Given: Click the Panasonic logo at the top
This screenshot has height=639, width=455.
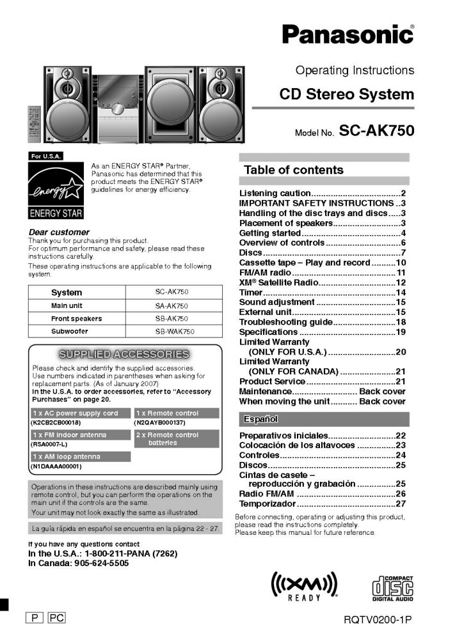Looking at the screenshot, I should [x=347, y=33].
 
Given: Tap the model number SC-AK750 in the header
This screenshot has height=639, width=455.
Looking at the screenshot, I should [x=376, y=131].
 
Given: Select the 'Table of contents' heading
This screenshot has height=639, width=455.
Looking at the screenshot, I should [x=294, y=170].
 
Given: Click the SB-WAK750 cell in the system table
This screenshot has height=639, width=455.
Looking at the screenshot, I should [x=175, y=332].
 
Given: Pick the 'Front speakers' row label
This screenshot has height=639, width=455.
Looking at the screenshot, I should [x=76, y=319].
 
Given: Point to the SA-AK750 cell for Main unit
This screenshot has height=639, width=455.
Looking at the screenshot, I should [x=172, y=306].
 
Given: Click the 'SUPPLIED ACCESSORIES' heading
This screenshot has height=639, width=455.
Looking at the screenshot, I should [x=124, y=354].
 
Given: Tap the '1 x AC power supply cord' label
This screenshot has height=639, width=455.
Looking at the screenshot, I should [x=75, y=413].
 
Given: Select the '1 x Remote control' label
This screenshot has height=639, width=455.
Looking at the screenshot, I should [x=168, y=413].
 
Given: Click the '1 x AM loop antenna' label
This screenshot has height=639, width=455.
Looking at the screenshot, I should [x=67, y=457].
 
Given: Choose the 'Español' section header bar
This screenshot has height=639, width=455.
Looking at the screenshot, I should [x=324, y=419].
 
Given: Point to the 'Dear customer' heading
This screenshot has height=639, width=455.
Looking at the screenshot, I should [x=59, y=232].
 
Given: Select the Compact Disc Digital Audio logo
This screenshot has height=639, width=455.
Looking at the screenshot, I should [x=392, y=587].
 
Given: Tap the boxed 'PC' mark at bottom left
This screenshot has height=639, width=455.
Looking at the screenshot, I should [x=56, y=618].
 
